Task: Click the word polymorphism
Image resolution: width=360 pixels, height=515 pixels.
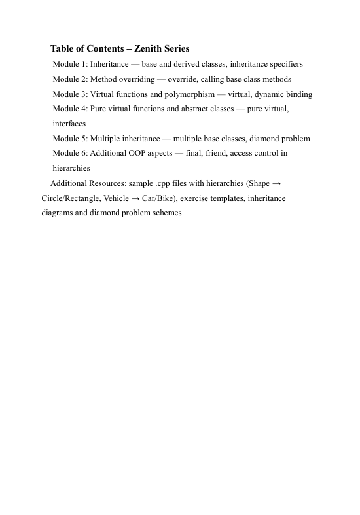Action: point(189,94)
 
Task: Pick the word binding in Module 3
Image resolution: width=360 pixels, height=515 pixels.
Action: point(297,94)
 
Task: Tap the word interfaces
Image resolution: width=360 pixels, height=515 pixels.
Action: point(69,124)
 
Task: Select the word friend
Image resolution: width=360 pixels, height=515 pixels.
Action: point(222,153)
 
